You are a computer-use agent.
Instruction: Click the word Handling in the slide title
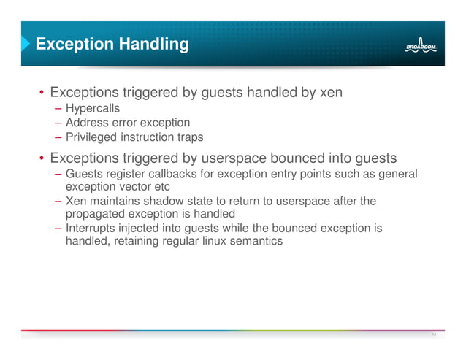[152, 45]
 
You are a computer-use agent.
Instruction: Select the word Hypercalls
[93, 108]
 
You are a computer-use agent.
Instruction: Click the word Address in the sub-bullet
[86, 123]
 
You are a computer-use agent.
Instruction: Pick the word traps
[189, 137]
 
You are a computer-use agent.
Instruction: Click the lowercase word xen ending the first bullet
[327, 93]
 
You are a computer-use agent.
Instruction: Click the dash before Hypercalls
[58, 108]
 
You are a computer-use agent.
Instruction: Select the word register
[121, 173]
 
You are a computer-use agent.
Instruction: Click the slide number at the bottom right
[434, 335]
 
